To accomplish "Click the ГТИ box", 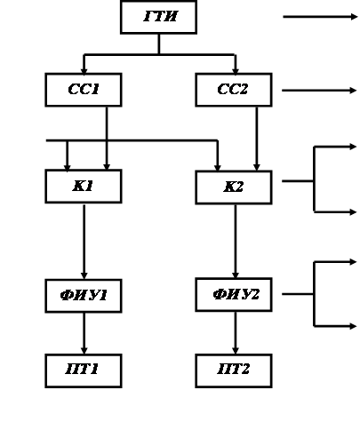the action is click(x=158, y=17).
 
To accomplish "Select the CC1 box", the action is click(x=84, y=90).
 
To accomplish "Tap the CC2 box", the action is click(x=234, y=90).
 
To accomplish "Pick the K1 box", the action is click(x=84, y=187).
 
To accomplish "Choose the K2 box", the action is click(x=234, y=187).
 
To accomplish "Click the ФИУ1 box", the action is click(x=84, y=296).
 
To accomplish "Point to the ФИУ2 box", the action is click(x=234, y=295).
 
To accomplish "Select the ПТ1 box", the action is click(x=84, y=370).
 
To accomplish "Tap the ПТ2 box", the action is click(x=234, y=370).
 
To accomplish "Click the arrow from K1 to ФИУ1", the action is click(x=84, y=242).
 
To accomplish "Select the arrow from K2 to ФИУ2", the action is click(x=236, y=242).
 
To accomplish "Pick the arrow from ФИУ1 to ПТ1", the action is click(x=84, y=333).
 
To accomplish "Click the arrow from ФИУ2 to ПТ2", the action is click(x=236, y=332).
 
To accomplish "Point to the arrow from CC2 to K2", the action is click(x=257, y=139).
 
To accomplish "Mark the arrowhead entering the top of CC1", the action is click(x=84, y=71).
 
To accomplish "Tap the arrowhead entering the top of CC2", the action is click(x=236, y=71).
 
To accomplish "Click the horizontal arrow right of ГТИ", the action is click(x=320, y=17).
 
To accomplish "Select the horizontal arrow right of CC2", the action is click(x=319, y=91).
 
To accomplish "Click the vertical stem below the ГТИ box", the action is click(x=159, y=44).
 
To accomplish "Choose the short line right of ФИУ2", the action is click(x=298, y=294).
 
